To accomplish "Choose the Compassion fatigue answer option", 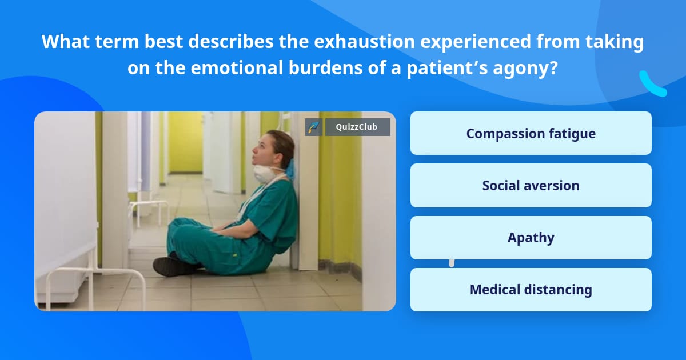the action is tap(531, 133).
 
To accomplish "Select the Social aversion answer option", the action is tap(531, 186).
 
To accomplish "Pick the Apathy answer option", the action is tap(531, 238).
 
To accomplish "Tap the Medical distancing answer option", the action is tap(531, 290).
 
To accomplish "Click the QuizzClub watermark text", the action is tap(357, 127).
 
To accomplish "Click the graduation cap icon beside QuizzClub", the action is tap(313, 127).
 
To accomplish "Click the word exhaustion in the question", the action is tap(365, 42).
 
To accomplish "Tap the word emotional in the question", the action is tap(237, 67).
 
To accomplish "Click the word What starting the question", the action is tap(66, 41).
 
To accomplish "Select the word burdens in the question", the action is tap(326, 67).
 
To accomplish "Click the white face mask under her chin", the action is tap(264, 174).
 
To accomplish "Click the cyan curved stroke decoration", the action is tap(652, 85).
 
